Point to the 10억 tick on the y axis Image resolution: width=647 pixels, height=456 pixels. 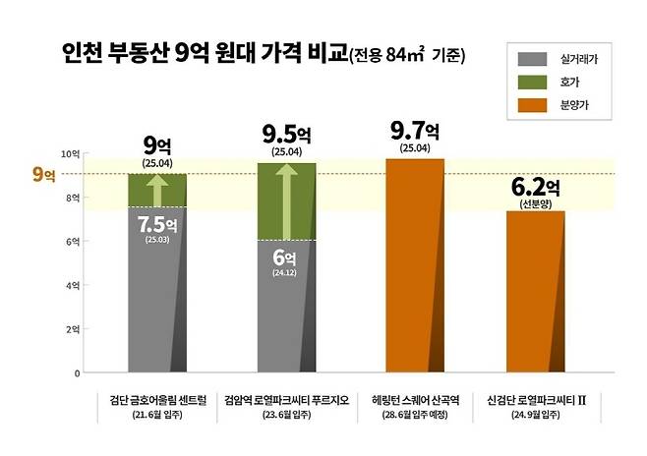click(x=70, y=153)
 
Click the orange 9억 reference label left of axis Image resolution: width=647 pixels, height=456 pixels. click(x=44, y=174)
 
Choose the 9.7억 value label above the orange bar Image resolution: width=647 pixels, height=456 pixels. click(x=414, y=131)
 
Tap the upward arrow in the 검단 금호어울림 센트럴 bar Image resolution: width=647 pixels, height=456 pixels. click(x=157, y=190)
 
